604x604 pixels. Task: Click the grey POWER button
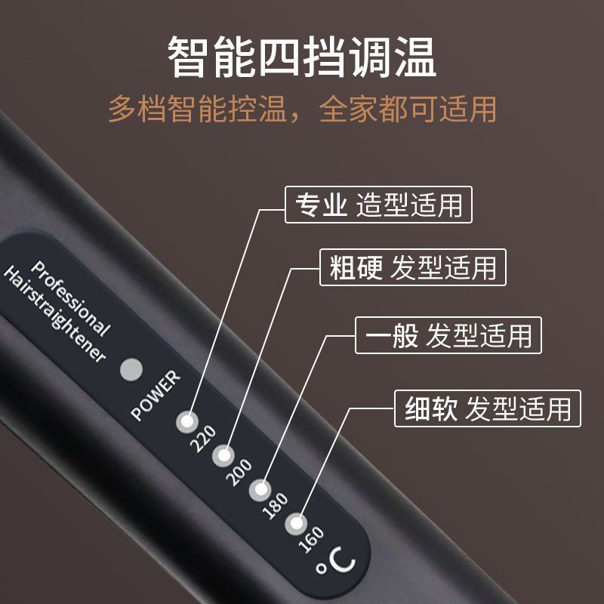click(131, 369)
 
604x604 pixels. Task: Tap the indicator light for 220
click(187, 421)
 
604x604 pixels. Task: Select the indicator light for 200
click(223, 456)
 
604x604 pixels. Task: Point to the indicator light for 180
click(260, 490)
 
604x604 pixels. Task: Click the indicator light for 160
click(296, 524)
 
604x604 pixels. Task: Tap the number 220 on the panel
click(203, 439)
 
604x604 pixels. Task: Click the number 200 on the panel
click(239, 473)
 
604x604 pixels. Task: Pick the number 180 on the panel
click(275, 506)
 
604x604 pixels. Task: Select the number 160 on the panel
click(311, 540)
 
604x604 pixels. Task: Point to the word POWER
click(156, 396)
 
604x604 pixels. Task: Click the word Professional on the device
click(70, 298)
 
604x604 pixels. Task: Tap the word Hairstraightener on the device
click(54, 314)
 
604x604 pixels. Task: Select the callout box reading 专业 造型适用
click(378, 205)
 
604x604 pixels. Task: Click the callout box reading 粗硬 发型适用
click(413, 267)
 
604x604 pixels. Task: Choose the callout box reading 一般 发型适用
click(448, 335)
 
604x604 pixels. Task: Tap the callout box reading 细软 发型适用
click(488, 408)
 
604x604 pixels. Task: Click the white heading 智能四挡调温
click(302, 57)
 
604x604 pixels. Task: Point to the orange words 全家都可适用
click(408, 109)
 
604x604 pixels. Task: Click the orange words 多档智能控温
click(198, 109)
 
